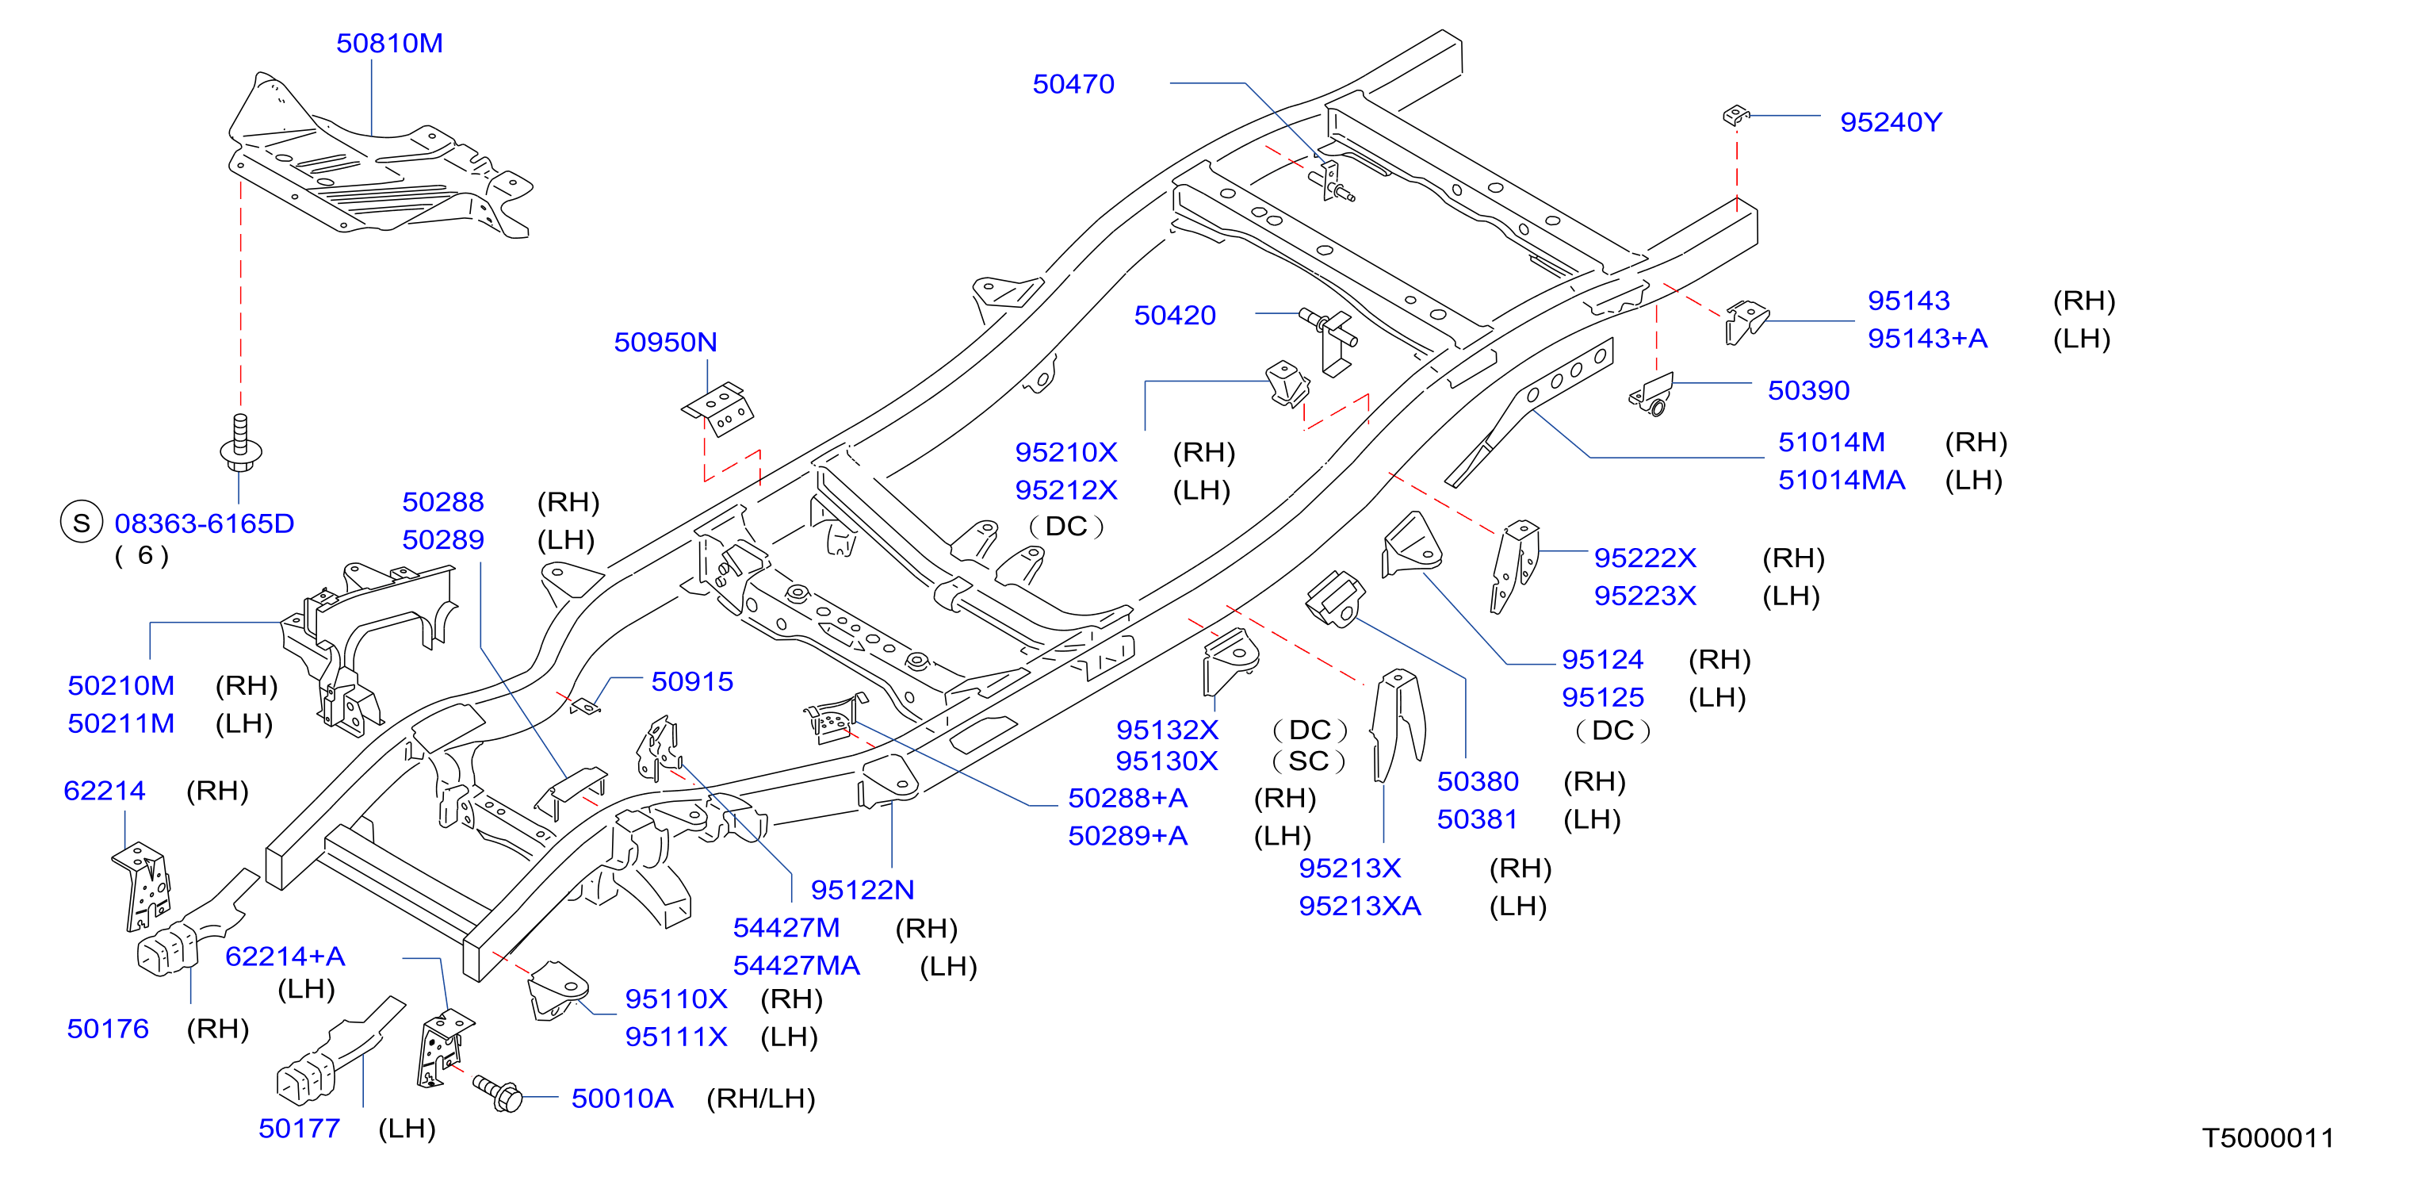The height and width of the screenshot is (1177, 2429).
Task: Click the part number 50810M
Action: [389, 44]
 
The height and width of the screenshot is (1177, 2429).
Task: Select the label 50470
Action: [1073, 84]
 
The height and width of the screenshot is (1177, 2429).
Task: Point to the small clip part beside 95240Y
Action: [1736, 115]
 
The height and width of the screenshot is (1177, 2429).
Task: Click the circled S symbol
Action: [81, 522]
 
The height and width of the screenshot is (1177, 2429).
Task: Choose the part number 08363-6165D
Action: [205, 523]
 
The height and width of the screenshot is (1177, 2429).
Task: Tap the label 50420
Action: [1175, 315]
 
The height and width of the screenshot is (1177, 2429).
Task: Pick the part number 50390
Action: [1808, 389]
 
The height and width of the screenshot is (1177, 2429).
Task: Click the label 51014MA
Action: [1842, 480]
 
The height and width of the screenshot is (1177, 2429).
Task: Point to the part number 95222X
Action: [1646, 558]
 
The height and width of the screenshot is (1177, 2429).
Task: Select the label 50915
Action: [692, 681]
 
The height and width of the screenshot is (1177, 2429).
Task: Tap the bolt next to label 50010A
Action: [497, 1093]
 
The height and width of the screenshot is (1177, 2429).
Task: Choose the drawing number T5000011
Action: [2268, 1138]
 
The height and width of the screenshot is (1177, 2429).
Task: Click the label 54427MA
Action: [797, 966]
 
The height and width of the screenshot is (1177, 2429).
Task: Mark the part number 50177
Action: [299, 1128]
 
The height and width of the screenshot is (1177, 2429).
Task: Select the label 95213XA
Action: [1360, 906]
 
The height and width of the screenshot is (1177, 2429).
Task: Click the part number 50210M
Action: [120, 684]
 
